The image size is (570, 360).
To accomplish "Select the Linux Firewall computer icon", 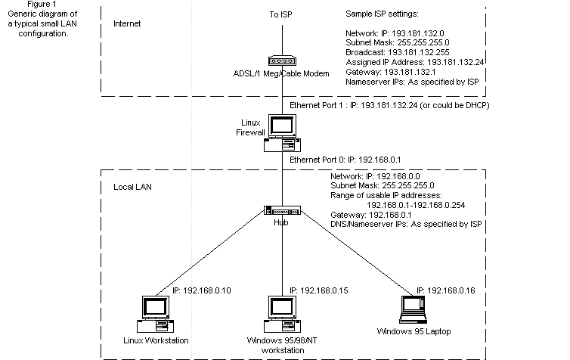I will click(x=284, y=133).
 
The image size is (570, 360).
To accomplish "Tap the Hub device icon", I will click(x=284, y=211).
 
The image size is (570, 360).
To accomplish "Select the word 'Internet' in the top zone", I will click(x=127, y=24).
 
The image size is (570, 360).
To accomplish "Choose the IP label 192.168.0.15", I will click(x=324, y=290).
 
